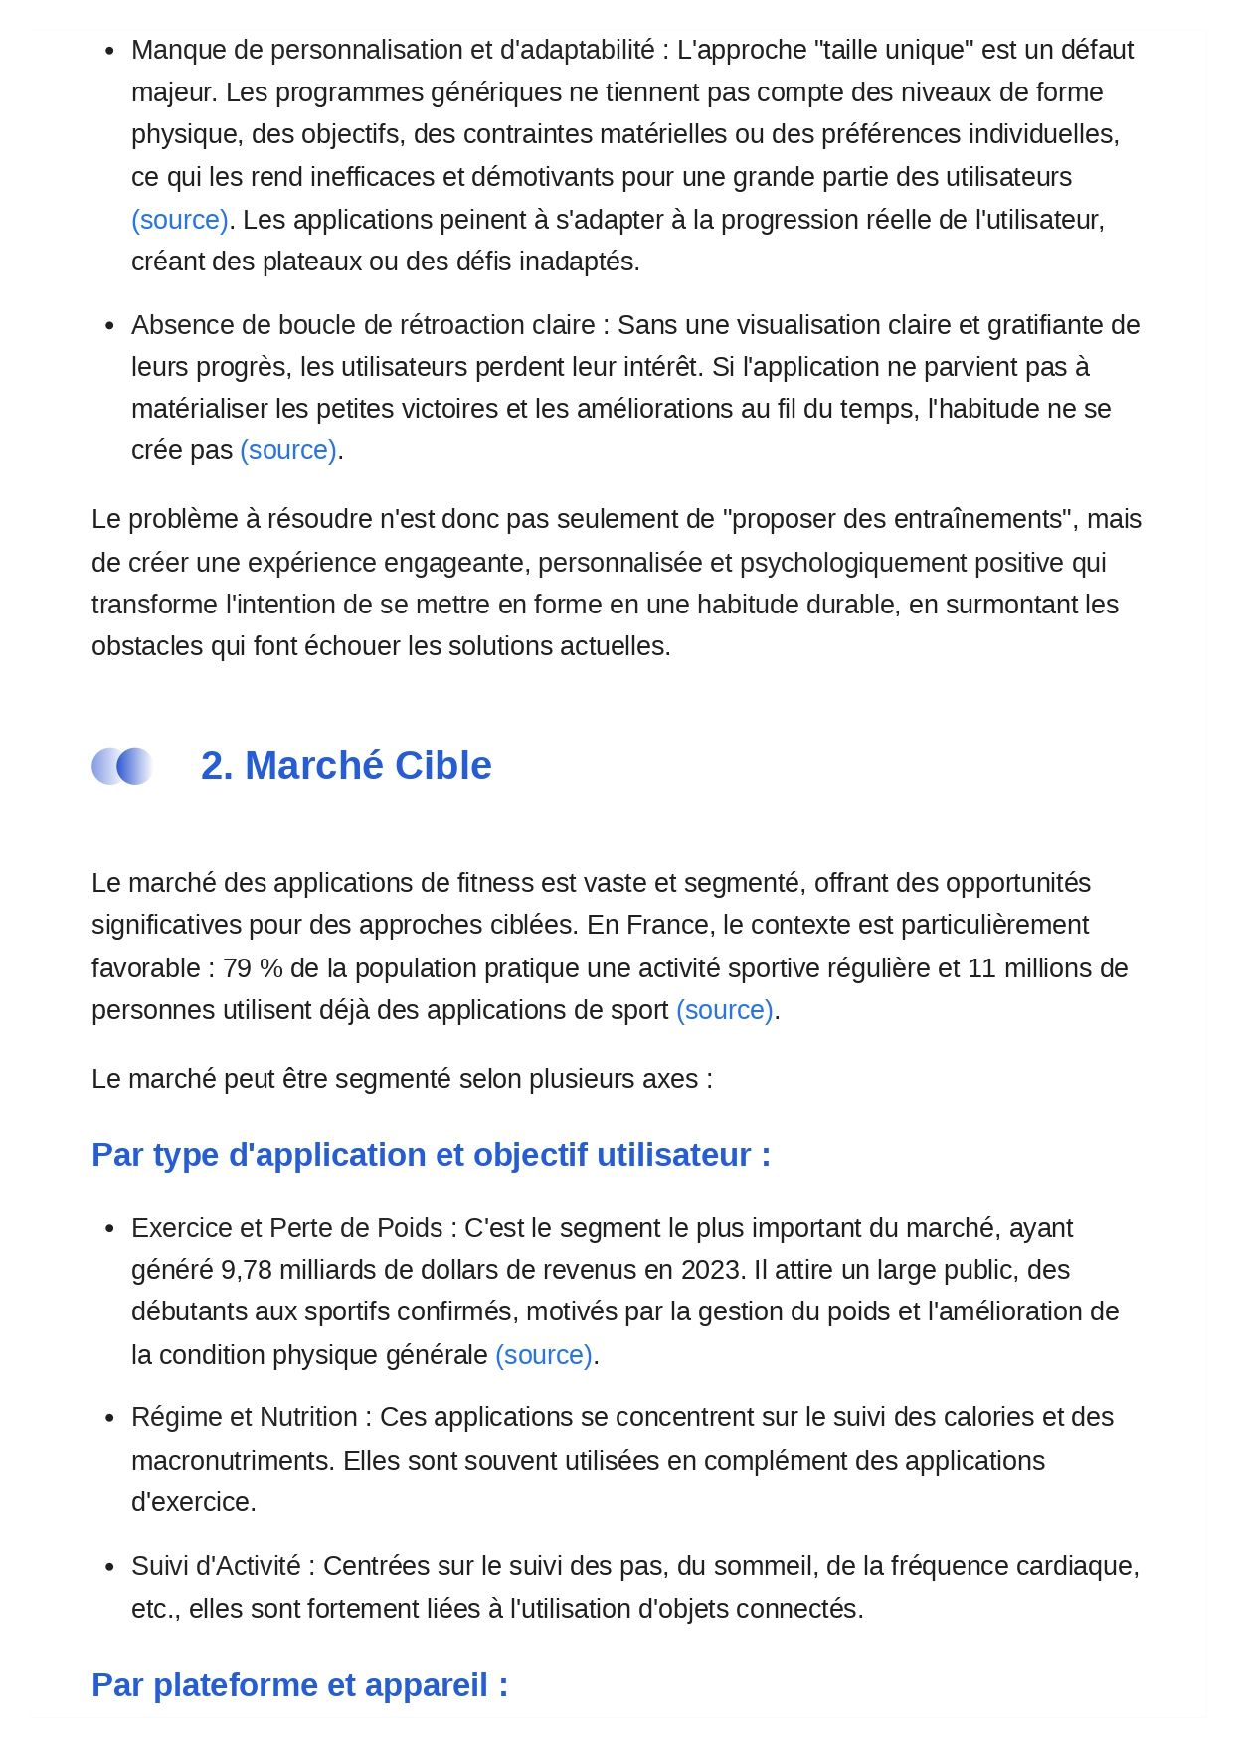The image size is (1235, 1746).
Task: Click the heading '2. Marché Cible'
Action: point(346,766)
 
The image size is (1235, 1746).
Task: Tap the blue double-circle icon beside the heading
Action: point(121,766)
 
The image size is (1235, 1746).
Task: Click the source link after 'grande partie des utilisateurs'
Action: point(180,220)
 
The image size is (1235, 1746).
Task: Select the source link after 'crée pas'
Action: point(288,450)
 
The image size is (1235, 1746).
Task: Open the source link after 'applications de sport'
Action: point(725,1010)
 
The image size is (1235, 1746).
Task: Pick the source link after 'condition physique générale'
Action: point(544,1355)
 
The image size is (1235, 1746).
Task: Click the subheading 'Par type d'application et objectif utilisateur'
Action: point(431,1155)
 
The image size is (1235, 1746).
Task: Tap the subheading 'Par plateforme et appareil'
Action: point(299,1685)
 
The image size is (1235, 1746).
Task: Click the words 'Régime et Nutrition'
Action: point(244,1417)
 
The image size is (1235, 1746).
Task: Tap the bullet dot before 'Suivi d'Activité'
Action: point(109,1567)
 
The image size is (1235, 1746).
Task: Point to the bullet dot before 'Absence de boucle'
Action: point(109,326)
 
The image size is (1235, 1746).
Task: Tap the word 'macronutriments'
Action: point(233,1461)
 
